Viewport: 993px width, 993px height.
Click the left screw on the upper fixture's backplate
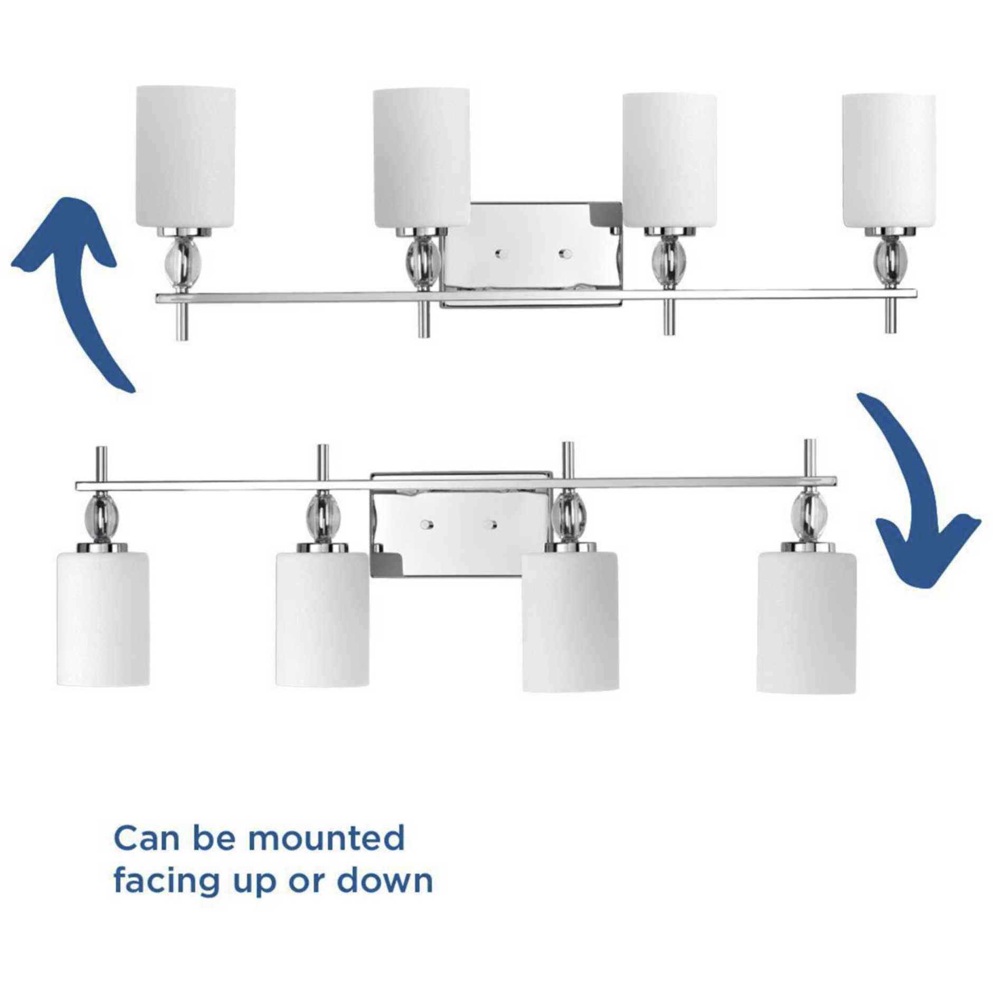[x=499, y=254]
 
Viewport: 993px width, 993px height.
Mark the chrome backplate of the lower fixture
[x=461, y=525]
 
